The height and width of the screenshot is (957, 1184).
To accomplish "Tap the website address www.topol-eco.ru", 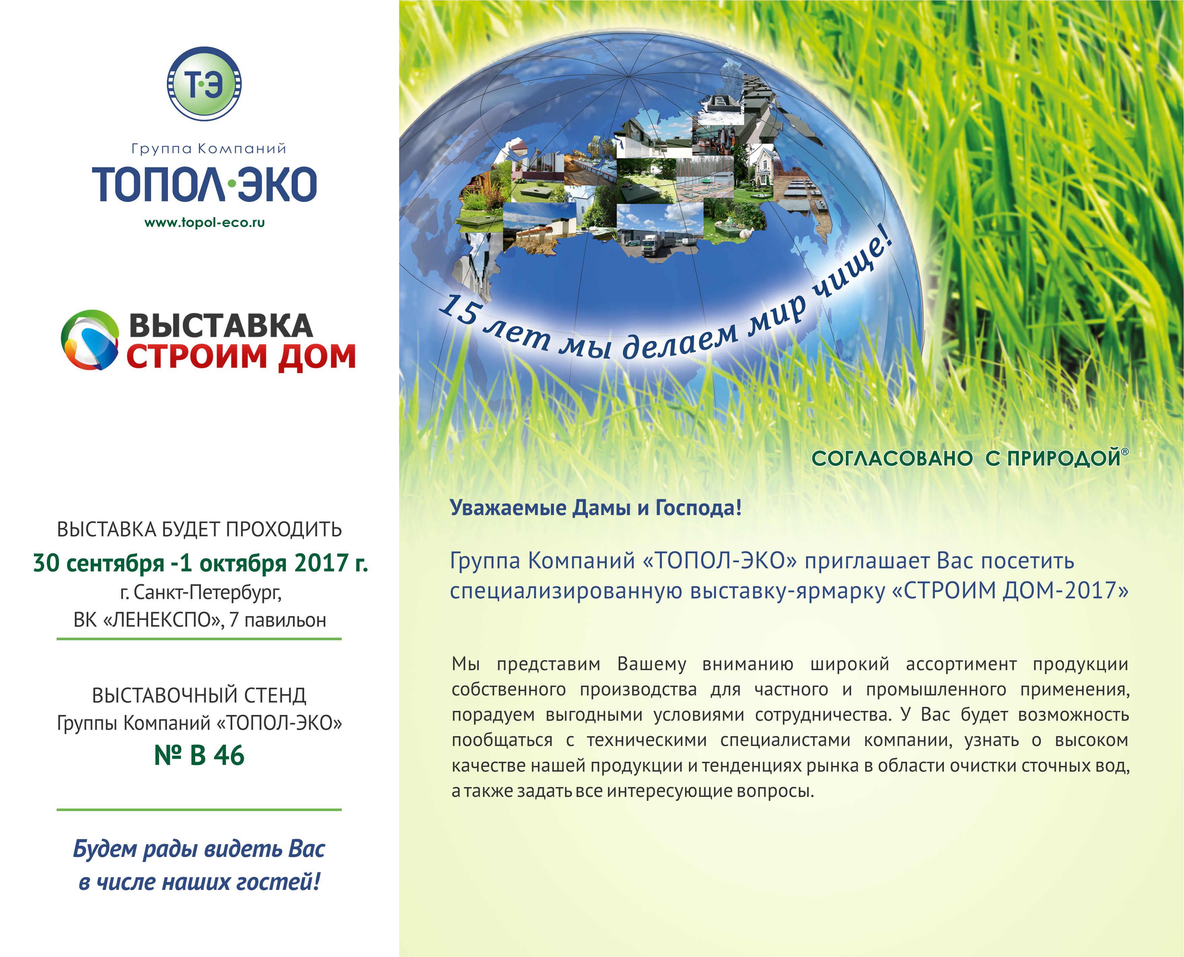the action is (x=205, y=223).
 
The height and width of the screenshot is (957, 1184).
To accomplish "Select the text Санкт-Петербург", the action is (x=208, y=593).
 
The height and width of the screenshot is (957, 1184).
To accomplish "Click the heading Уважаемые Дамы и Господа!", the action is (x=596, y=507).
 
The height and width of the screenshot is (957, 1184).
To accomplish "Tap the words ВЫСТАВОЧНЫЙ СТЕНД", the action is (x=199, y=695).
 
